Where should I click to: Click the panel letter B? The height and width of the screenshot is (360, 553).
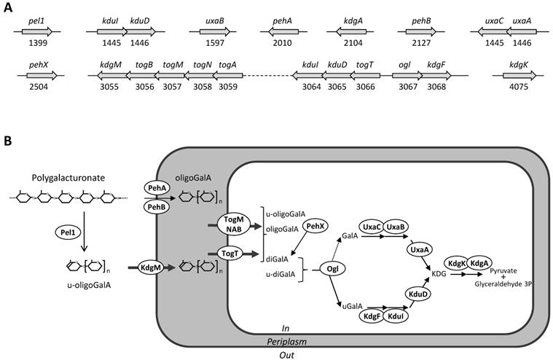(8, 138)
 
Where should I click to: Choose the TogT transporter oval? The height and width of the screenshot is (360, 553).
(230, 252)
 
